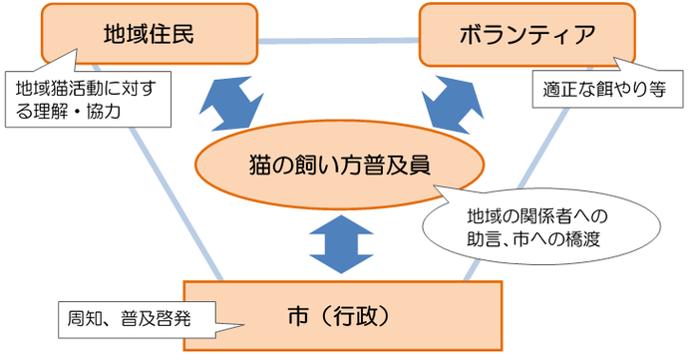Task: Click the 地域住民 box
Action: [x=147, y=34]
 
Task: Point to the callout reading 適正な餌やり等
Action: [x=606, y=90]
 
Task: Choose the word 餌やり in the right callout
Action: [x=619, y=90]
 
